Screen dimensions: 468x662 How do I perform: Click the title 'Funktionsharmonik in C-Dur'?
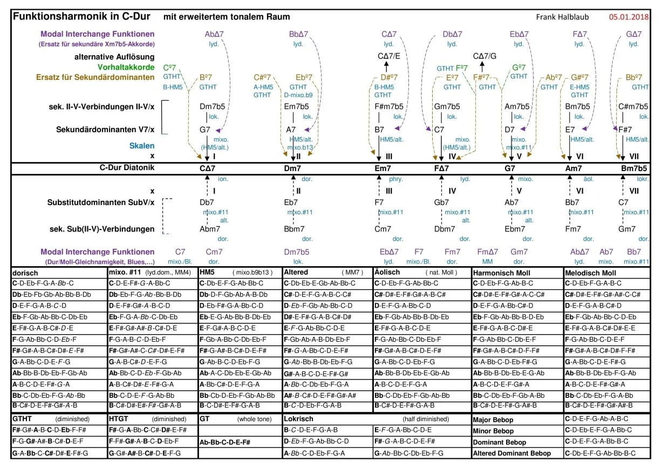[81, 17]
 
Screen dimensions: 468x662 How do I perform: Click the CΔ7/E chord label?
[389, 56]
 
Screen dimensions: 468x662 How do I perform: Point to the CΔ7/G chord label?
[484, 56]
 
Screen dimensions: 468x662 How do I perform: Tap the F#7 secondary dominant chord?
[626, 130]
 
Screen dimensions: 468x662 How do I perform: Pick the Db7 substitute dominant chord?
[207, 202]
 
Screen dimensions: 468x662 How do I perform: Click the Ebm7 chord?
[515, 229]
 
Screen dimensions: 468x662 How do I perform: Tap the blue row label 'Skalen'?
[141, 145]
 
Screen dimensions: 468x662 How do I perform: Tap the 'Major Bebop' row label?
[493, 419]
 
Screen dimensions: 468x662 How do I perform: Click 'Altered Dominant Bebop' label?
[512, 453]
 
